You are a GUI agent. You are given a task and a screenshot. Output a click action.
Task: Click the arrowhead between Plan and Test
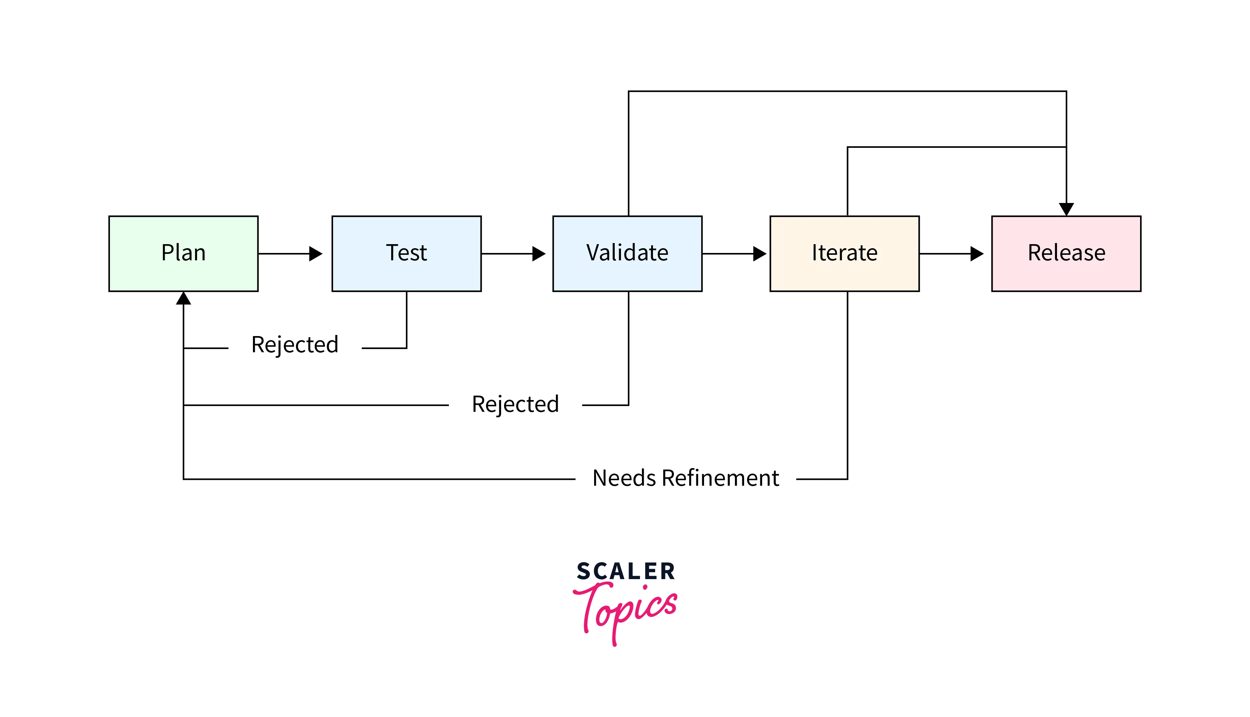pos(315,254)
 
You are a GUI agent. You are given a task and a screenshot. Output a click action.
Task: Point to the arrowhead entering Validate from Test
pos(539,254)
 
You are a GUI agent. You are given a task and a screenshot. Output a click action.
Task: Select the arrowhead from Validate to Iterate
pos(759,254)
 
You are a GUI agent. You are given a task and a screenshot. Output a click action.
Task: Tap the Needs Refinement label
pos(685,478)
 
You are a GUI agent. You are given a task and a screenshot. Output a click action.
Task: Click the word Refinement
pos(720,478)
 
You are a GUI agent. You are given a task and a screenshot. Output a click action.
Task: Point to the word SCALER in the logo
pos(625,571)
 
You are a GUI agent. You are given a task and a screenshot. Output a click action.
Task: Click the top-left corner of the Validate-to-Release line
pos(629,91)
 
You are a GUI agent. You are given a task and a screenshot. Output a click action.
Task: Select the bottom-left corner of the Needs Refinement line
pos(183,479)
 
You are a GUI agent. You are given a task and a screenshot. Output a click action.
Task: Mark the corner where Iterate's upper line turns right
pos(847,147)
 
